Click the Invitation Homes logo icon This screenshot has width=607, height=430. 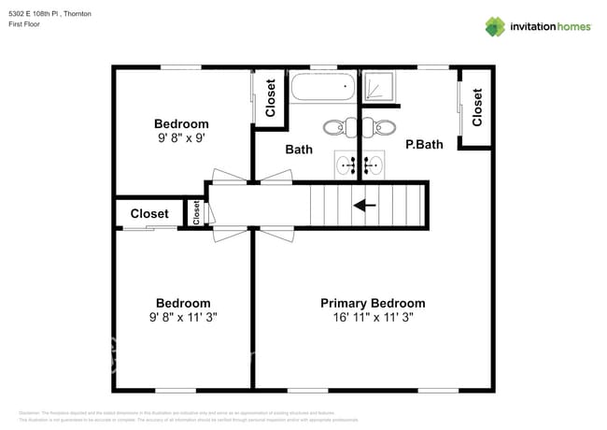[494, 26]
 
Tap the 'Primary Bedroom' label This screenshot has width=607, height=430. [373, 303]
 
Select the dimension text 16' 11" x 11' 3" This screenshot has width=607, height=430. [373, 317]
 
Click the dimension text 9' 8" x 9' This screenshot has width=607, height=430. [180, 137]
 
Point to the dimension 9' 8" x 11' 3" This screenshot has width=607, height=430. [182, 317]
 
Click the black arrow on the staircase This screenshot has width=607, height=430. [364, 205]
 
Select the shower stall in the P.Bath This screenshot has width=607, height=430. [378, 87]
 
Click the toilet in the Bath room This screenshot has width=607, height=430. [336, 127]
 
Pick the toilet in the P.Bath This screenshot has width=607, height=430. [383, 127]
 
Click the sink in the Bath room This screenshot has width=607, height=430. [348, 166]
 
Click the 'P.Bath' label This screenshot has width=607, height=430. [423, 145]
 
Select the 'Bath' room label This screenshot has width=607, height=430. [299, 149]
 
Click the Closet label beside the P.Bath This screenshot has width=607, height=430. [477, 107]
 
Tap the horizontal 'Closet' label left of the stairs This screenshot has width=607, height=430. [149, 214]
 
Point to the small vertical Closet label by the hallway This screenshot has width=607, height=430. [196, 213]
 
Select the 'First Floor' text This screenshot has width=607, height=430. [26, 24]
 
